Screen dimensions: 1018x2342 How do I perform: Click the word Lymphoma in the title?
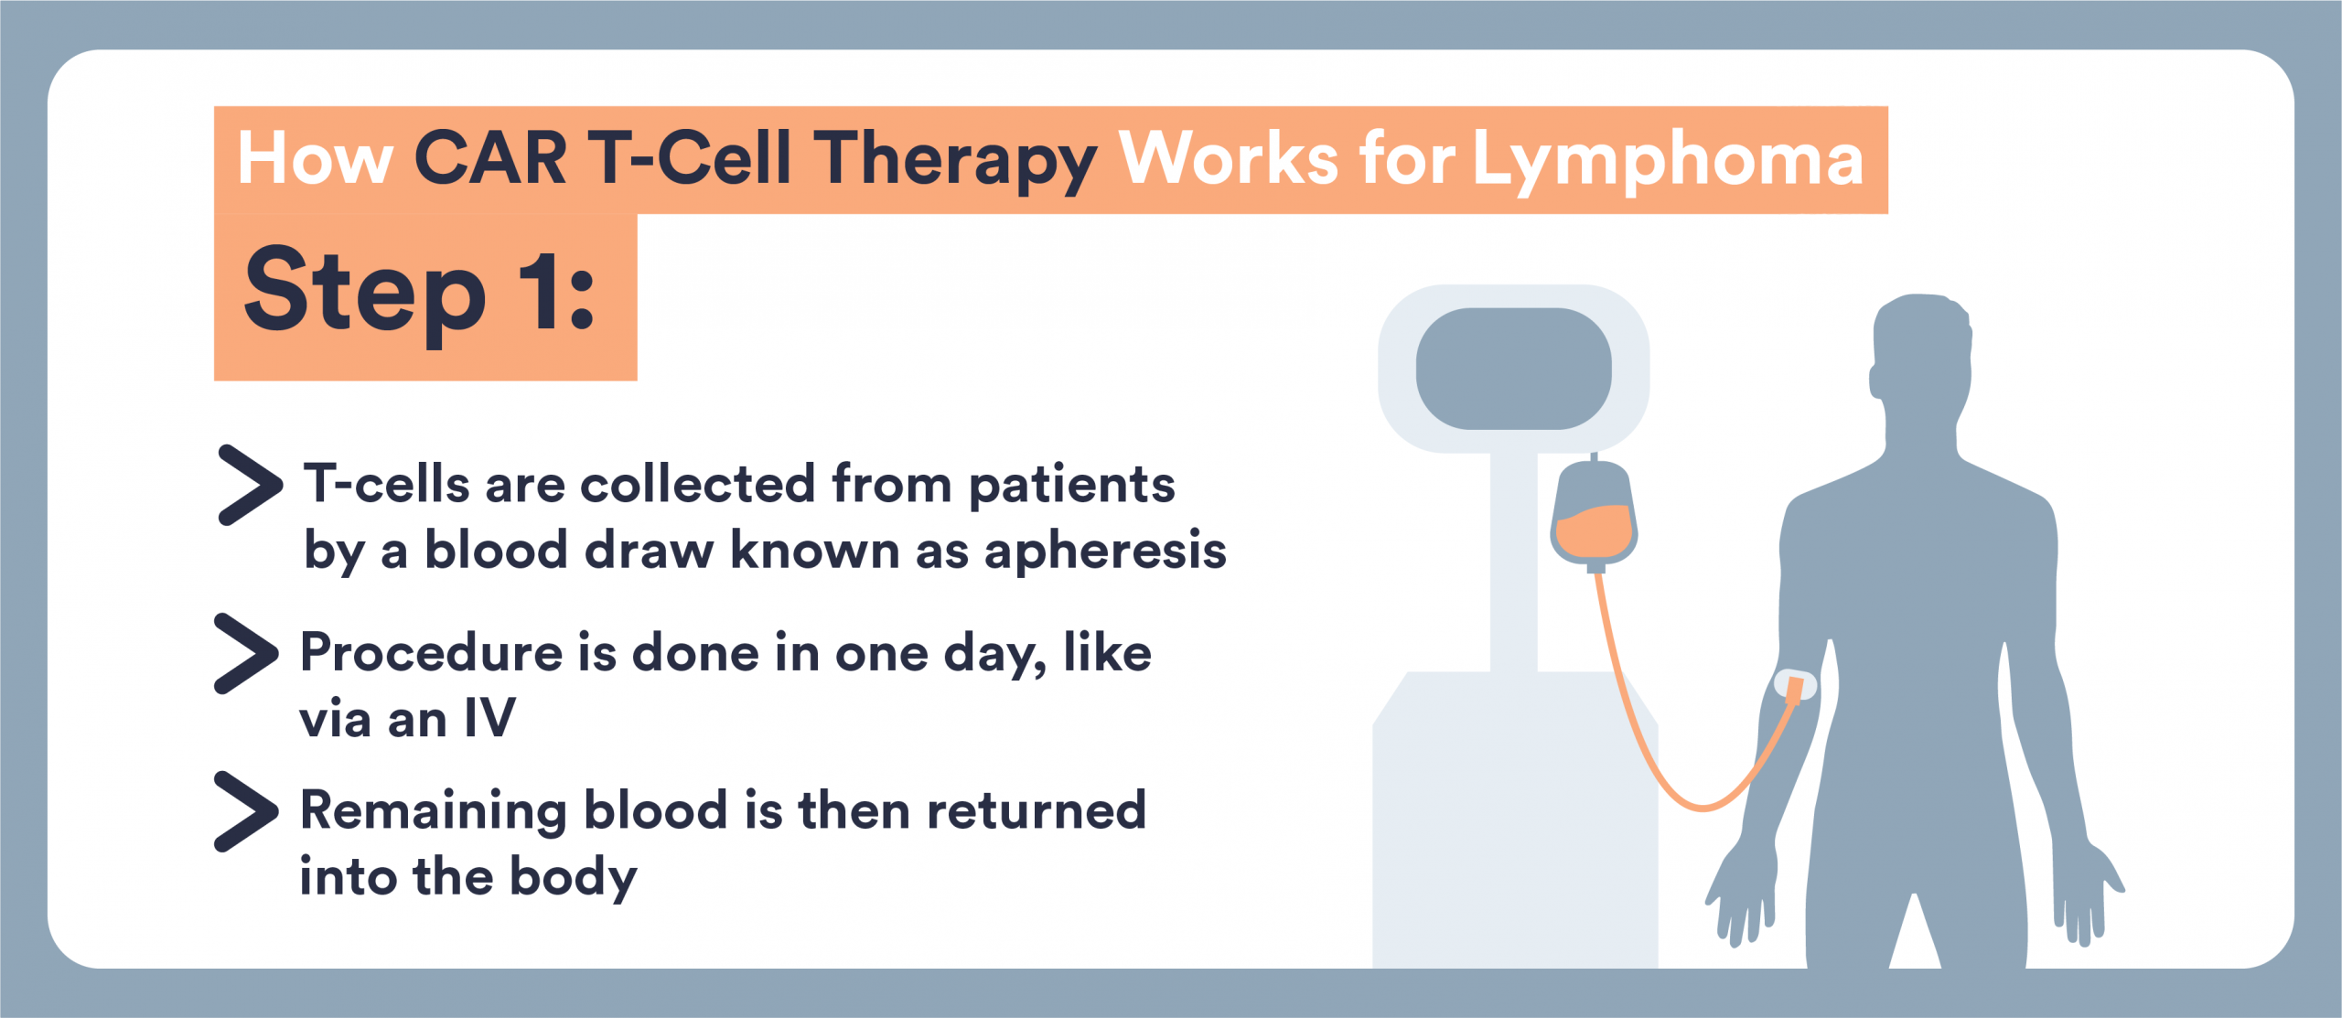[x=1667, y=161]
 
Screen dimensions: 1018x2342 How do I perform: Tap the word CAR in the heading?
[x=490, y=159]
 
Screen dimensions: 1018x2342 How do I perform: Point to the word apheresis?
[x=1105, y=551]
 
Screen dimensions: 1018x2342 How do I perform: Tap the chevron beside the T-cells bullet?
[x=249, y=485]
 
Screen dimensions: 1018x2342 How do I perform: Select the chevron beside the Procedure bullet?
[x=245, y=653]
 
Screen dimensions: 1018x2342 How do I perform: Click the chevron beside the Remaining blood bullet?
[x=245, y=811]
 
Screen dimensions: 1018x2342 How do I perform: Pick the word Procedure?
[x=431, y=653]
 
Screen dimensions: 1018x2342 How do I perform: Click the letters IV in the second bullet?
[x=489, y=719]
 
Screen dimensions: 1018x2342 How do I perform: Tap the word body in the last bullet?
[x=573, y=878]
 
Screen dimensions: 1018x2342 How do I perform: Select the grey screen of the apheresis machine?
[x=1513, y=368]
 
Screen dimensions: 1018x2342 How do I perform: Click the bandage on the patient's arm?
[x=1794, y=686]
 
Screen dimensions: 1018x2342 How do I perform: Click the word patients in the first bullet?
[x=1071, y=485]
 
